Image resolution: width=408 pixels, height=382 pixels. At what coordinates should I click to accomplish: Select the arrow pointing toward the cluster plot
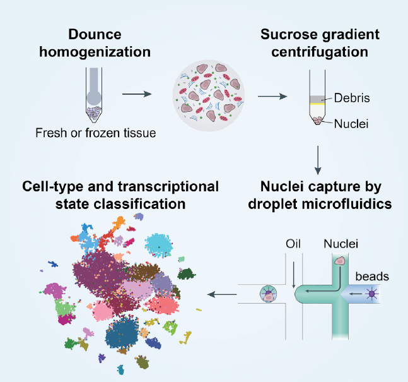(x=221, y=294)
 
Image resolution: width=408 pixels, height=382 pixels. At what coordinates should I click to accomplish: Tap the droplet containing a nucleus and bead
(x=267, y=294)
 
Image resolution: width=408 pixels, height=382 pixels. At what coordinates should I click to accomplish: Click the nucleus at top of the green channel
(x=341, y=260)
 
